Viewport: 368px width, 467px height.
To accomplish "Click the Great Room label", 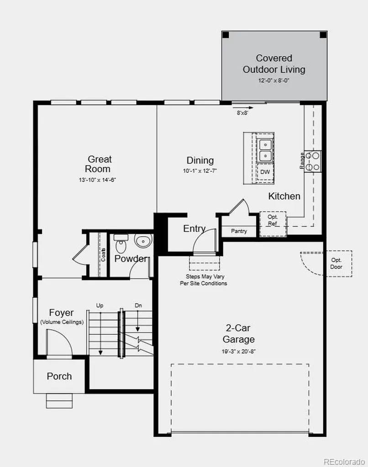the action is [x=98, y=164].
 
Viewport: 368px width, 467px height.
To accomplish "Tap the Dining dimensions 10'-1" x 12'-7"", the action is [x=200, y=171].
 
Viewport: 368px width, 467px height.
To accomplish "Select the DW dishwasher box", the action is [x=265, y=172].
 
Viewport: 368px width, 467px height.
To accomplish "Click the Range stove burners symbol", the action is [x=313, y=161].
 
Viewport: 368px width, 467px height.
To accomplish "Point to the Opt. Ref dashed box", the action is [x=273, y=224].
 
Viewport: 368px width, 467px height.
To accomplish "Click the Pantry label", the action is [x=239, y=231].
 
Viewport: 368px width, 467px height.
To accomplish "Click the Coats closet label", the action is [x=103, y=254].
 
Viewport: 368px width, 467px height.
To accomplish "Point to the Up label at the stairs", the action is [x=100, y=306].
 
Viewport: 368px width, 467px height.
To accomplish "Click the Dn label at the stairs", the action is [x=138, y=306].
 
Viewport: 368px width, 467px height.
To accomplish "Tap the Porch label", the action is [x=59, y=376].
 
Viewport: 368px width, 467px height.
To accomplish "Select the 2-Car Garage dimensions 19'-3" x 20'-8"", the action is [x=239, y=352].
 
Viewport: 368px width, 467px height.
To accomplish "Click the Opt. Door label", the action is [x=336, y=264].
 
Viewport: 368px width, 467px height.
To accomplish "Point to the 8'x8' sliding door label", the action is [x=242, y=113].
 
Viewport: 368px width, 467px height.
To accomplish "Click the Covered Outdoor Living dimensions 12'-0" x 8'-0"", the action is [x=274, y=80].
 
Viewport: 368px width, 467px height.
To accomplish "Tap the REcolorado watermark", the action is [x=344, y=462].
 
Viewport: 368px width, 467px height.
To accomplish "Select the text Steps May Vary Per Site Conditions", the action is [x=203, y=280].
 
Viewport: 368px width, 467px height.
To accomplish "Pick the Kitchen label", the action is [x=284, y=196].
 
